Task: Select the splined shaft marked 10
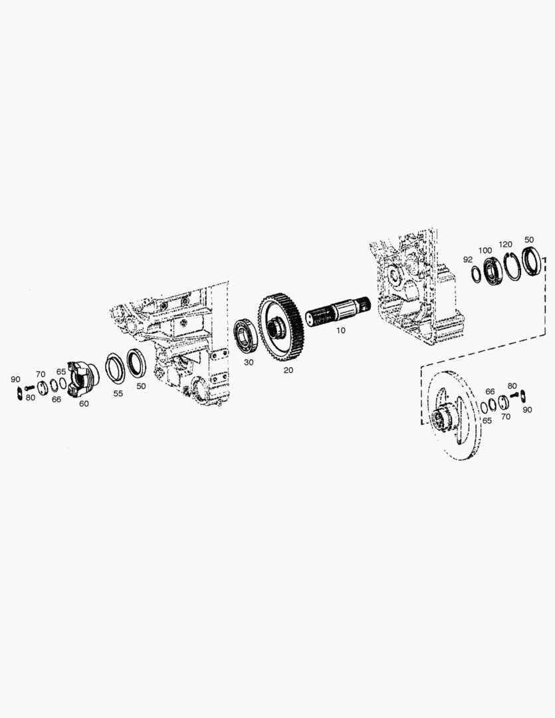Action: [x=338, y=311]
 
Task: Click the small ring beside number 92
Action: [x=477, y=275]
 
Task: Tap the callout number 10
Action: [x=341, y=330]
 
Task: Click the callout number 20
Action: [x=288, y=370]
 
